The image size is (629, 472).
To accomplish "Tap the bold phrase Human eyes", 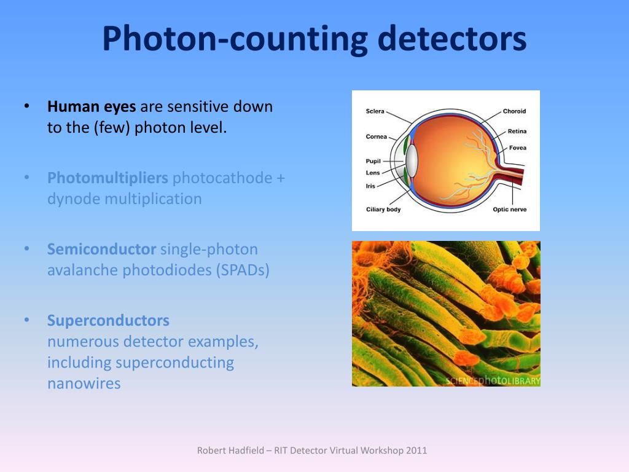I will (92, 107).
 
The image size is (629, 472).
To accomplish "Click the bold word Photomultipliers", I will (107, 178).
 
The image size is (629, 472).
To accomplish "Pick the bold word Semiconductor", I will (101, 250).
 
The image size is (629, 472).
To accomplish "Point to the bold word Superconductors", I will (108, 321).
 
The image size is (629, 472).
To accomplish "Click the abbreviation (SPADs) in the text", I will (242, 270).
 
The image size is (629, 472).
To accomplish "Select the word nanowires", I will (84, 383).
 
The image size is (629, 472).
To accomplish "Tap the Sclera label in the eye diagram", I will (375, 111).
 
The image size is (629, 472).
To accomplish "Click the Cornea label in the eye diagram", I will (377, 136).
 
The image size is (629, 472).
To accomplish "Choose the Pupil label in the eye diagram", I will (373, 161).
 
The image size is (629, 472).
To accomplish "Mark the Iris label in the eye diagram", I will (370, 186).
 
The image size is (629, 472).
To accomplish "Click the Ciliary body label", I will (383, 210).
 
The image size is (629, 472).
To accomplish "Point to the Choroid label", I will (514, 111).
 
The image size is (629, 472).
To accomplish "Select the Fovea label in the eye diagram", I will (517, 148).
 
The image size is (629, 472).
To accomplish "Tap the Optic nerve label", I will (509, 210).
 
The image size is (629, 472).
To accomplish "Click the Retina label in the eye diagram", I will (517, 132).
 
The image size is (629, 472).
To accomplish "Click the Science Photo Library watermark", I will (493, 380).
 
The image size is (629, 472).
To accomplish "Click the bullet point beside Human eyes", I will (26, 106).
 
